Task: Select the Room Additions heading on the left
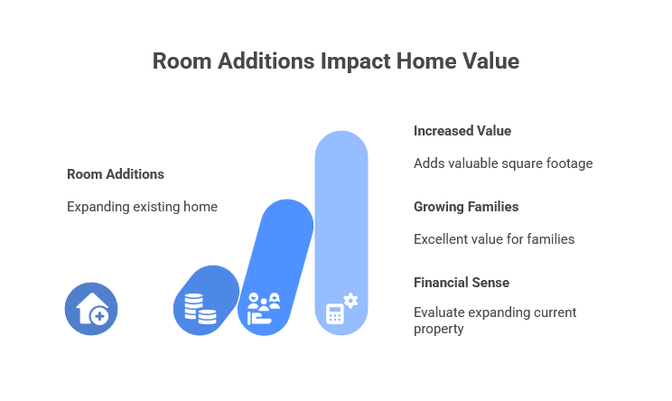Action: coord(116,174)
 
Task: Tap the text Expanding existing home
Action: coord(142,207)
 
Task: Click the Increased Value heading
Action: coord(462,131)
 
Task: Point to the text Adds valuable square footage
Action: coord(503,163)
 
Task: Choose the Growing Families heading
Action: coord(466,207)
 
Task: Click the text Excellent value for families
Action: coord(494,239)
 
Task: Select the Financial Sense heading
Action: coord(462,283)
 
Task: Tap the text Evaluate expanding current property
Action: coord(495,321)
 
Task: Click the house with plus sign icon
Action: coord(91,309)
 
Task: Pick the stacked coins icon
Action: coord(200,308)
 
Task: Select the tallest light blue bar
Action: coord(341,217)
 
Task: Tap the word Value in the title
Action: coord(493,61)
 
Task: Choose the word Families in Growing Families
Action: coord(492,207)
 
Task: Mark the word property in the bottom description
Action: coord(439,329)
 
